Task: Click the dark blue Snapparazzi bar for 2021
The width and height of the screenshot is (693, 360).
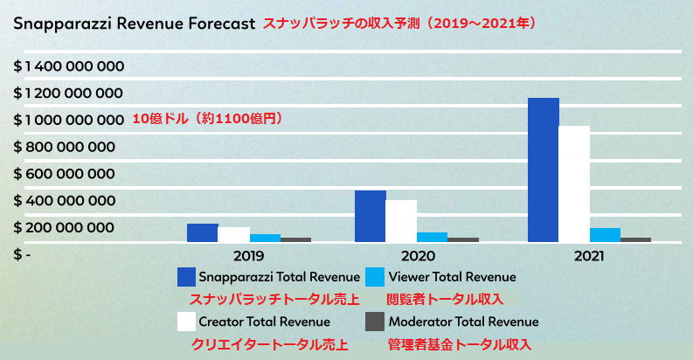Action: coord(544,170)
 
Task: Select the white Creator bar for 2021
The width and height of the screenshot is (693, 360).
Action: coord(575,183)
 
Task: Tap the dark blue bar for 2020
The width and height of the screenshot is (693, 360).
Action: coord(371,216)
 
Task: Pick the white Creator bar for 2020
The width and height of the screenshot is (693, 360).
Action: coord(401,220)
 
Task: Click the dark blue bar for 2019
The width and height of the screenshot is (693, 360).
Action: coord(202,232)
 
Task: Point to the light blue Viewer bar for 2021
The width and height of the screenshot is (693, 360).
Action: coord(605,234)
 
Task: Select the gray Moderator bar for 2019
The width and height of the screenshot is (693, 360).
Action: coord(295,239)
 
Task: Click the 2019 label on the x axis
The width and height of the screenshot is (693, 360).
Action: coord(250,257)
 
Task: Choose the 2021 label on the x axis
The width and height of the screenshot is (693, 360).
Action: coord(590,257)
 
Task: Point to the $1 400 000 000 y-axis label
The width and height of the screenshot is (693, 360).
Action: coord(68,66)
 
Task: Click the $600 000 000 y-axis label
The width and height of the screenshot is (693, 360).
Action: coord(64,174)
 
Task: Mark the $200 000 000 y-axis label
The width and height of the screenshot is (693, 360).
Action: coord(64,228)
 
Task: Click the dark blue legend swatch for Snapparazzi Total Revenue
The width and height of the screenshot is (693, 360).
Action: coord(186,277)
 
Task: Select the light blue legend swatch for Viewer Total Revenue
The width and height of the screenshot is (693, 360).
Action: coord(375,277)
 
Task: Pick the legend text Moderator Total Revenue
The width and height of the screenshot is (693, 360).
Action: coord(463,322)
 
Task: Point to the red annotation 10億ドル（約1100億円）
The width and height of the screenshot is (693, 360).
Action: coord(208,119)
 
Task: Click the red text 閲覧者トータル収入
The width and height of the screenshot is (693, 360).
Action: coord(445,300)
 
